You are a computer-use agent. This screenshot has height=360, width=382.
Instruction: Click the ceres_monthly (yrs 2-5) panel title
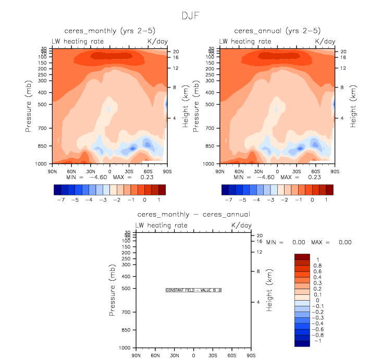pyautogui.click(x=109, y=31)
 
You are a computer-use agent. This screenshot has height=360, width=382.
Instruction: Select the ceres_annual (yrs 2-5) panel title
pyautogui.click(x=276, y=31)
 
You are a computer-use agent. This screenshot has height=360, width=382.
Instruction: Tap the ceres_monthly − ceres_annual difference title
pyautogui.click(x=193, y=214)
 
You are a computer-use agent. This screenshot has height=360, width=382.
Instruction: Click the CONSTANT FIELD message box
pyautogui.click(x=193, y=290)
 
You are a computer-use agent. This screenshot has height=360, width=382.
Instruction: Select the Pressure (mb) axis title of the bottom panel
pyautogui.click(x=113, y=290)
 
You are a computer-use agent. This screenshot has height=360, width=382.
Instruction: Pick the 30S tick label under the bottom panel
pyautogui.click(x=213, y=355)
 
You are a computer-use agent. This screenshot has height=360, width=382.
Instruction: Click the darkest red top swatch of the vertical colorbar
pyautogui.click(x=302, y=257)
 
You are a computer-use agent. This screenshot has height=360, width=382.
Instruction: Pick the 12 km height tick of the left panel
pyautogui.click(x=176, y=68)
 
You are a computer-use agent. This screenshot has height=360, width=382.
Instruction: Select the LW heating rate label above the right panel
pyautogui.click(x=245, y=41)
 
